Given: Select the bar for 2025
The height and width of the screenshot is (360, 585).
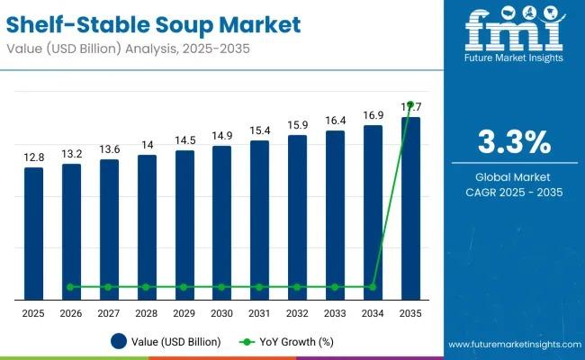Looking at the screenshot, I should (33, 233).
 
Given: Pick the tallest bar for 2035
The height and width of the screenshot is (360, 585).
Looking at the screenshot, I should (410, 208).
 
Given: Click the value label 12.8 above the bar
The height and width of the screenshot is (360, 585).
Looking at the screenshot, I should (33, 157).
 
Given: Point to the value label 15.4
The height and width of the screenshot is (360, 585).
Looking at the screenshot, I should (259, 130).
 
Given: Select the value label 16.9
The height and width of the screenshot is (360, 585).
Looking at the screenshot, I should (373, 115).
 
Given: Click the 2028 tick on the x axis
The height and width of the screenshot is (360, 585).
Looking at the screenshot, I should (146, 312).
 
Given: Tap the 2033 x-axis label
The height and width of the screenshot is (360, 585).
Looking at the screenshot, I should (335, 312).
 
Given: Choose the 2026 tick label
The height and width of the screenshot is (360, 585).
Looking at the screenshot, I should (71, 312).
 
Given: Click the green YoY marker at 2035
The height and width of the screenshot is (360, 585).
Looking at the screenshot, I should (410, 104).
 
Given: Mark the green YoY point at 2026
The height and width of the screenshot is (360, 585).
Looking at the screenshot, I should (71, 287).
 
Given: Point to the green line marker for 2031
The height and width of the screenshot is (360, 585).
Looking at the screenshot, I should (259, 287).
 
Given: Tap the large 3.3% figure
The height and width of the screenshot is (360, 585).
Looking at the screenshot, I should (512, 142).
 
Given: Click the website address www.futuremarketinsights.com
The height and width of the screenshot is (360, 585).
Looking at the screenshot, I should (513, 345).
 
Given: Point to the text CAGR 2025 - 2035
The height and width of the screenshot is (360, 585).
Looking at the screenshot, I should (512, 193).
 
